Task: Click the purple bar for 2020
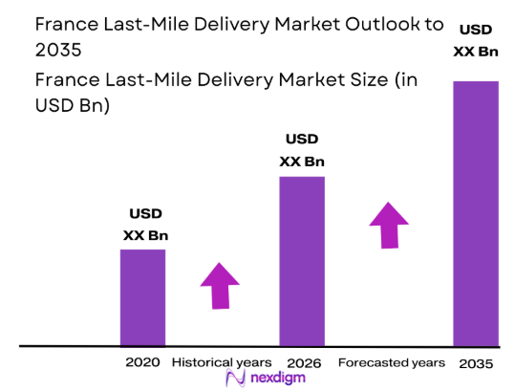[142, 296]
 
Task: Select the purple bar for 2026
[301, 260]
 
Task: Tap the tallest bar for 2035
[476, 212]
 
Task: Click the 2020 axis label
[142, 363]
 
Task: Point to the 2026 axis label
[302, 363]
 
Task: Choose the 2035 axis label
[475, 363]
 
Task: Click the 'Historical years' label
[222, 363]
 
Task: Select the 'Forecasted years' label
[392, 363]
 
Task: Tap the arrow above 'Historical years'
[220, 286]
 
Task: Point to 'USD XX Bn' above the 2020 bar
[145, 225]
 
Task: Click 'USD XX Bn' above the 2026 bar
[301, 151]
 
